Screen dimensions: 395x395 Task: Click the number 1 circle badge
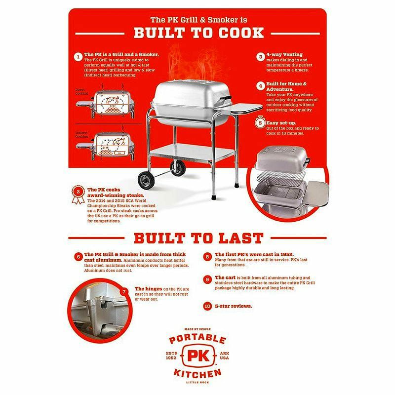point(78,56)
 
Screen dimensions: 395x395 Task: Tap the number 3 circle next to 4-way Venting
point(260,57)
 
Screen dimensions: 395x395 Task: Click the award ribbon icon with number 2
point(77,194)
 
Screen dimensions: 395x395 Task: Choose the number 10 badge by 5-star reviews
point(207,306)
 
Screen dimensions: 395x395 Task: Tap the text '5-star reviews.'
point(234,306)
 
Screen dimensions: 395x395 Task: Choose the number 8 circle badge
point(207,256)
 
